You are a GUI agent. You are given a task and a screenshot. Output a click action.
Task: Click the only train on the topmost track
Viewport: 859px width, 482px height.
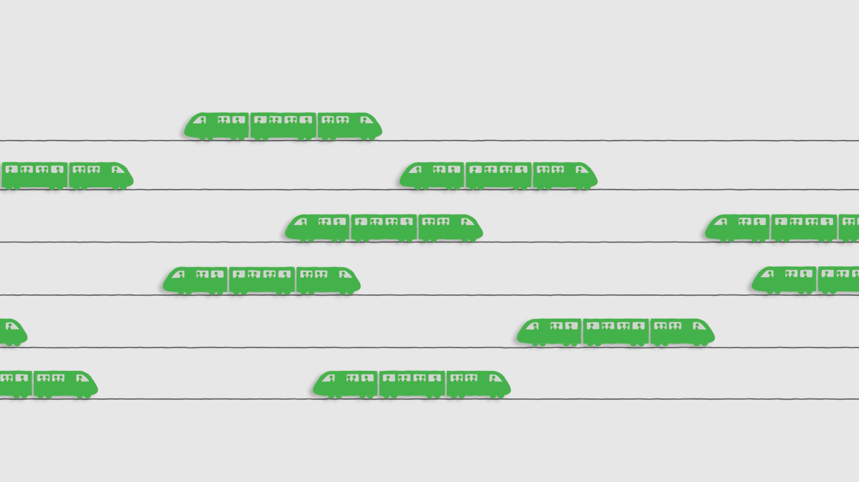coord(283,126)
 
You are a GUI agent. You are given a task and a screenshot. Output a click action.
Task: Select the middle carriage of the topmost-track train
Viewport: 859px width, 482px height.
coord(283,126)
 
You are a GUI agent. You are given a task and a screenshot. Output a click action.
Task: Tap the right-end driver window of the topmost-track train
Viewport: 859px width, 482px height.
coord(366,120)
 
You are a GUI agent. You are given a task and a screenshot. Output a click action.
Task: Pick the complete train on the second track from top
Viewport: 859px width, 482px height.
coord(498,176)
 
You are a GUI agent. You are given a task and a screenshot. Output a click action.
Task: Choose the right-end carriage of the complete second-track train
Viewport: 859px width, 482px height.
coord(564,176)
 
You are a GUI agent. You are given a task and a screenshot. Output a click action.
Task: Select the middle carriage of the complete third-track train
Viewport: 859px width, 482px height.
coord(384,228)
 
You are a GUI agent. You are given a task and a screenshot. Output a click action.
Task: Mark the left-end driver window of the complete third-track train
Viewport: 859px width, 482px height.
coord(301,221)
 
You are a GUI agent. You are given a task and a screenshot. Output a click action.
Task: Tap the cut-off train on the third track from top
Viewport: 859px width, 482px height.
coord(782,228)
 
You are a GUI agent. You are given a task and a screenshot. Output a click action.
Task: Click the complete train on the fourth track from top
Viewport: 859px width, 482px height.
coord(262,281)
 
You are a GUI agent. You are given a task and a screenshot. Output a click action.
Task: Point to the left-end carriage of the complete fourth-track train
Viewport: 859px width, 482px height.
coord(196,281)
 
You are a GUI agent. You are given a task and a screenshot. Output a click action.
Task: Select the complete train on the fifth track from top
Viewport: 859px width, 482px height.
coord(616,333)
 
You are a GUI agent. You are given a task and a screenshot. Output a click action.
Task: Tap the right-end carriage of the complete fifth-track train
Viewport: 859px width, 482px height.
coord(681,333)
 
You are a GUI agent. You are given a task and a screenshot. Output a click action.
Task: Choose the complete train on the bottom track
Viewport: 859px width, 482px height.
coord(412,385)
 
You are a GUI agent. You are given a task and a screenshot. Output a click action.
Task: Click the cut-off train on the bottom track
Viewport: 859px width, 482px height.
coord(47,385)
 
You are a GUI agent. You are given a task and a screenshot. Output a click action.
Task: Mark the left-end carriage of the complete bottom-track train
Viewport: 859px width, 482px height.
coord(346,385)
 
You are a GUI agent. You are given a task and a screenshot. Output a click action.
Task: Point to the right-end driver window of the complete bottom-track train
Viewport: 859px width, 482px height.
coord(494,378)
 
